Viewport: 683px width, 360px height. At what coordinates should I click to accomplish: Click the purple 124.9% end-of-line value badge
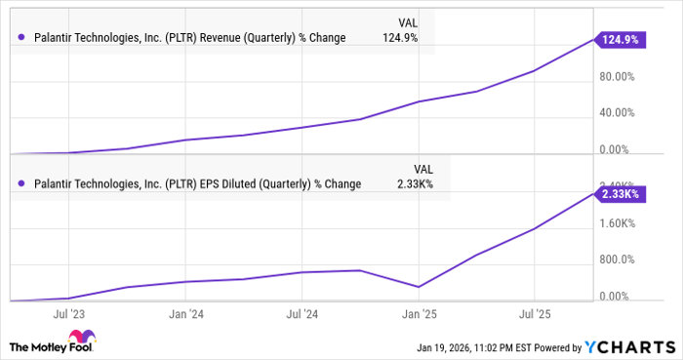tap(619, 40)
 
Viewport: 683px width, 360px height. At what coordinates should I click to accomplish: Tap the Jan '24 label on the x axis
tap(185, 315)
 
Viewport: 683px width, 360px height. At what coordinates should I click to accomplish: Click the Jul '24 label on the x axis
tap(302, 315)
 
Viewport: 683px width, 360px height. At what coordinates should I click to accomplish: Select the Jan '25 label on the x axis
tap(419, 315)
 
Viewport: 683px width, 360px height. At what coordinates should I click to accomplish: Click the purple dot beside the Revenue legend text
tap(21, 38)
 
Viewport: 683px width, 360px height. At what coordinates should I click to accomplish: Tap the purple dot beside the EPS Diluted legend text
tap(21, 183)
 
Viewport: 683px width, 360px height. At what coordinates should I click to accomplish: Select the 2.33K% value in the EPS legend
tap(416, 183)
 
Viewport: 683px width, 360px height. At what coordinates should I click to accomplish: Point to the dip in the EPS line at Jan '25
tap(419, 287)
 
